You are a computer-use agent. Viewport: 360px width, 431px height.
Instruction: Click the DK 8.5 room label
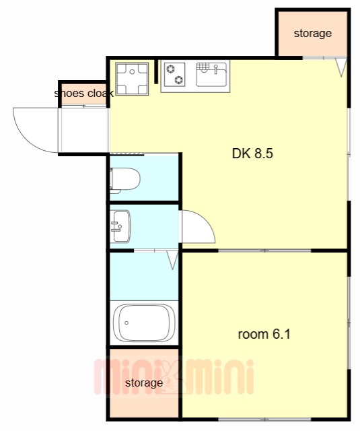[x=252, y=154]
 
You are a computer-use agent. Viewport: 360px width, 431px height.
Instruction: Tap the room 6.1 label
[x=264, y=334]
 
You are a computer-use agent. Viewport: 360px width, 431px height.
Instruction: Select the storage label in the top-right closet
[x=312, y=34]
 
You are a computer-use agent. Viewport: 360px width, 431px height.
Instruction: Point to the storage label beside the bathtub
[x=144, y=383]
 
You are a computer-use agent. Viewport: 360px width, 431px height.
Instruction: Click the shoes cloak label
[x=83, y=94]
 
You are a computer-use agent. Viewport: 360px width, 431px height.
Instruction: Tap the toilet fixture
[x=125, y=180]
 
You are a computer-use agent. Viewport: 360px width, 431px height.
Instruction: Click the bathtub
[x=144, y=323]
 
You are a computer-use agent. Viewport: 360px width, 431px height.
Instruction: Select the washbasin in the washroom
[x=120, y=226]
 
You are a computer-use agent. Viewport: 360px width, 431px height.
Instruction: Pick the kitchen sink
[x=211, y=75]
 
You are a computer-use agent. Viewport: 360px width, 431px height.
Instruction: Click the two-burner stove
[x=175, y=74]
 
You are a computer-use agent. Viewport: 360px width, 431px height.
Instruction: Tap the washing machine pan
[x=132, y=79]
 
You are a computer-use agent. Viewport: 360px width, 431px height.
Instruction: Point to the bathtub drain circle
[x=127, y=323]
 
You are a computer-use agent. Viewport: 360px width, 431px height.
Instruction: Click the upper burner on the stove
[x=170, y=69]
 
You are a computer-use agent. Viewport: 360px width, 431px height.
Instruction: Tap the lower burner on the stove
[x=179, y=79]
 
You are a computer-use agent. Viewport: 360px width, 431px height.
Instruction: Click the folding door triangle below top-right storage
[x=341, y=66]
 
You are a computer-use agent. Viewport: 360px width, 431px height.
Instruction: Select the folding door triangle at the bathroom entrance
[x=173, y=259]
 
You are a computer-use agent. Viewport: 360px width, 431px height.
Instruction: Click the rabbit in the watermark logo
[x=172, y=377]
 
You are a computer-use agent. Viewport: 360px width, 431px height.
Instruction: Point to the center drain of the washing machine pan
[x=132, y=72]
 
